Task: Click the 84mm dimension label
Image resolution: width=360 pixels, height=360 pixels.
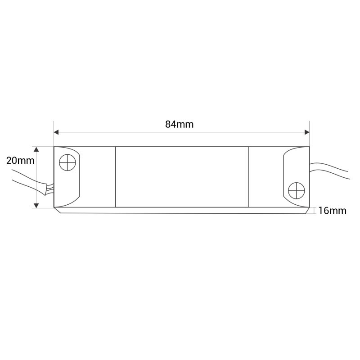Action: point(179,124)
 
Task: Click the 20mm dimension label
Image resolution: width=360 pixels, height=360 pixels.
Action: point(20,161)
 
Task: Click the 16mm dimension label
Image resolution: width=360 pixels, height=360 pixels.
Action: point(332,211)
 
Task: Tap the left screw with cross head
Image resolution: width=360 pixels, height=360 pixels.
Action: point(67,162)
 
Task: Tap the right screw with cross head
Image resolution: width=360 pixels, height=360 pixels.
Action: point(297,191)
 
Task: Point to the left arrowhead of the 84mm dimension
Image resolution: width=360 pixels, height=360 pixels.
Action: point(56,132)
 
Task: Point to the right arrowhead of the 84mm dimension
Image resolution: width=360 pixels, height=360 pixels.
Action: point(307,132)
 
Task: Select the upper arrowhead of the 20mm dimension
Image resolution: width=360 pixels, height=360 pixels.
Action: point(36,149)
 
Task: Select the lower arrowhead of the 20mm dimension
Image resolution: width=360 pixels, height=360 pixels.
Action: point(36,206)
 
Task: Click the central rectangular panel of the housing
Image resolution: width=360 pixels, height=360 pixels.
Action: point(182,177)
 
